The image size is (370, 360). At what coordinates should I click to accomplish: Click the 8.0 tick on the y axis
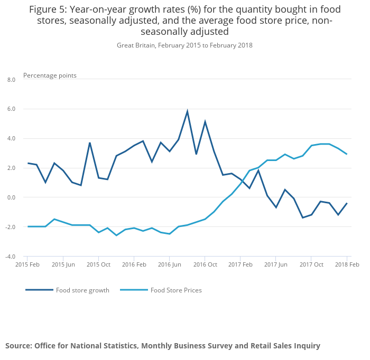pyautogui.click(x=11, y=80)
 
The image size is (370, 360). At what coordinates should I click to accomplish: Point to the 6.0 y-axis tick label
pyautogui.click(x=11, y=109)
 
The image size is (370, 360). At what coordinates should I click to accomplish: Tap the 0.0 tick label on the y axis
pyautogui.click(x=11, y=197)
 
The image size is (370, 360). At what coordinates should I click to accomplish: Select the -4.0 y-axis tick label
pyautogui.click(x=11, y=257)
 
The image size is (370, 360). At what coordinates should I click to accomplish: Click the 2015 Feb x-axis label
pyautogui.click(x=27, y=264)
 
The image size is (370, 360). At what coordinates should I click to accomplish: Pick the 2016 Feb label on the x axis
pyautogui.click(x=134, y=264)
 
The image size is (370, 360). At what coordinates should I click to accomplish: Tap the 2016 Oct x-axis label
pyautogui.click(x=205, y=264)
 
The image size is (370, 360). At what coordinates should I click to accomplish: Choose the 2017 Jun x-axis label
pyautogui.click(x=275, y=264)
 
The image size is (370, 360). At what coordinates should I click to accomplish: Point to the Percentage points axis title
pyautogui.click(x=50, y=75)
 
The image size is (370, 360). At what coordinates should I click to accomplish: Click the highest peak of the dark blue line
pyautogui.click(x=187, y=111)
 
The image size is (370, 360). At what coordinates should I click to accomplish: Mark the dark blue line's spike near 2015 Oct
pyautogui.click(x=90, y=143)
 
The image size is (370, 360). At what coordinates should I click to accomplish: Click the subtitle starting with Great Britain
pyautogui.click(x=184, y=45)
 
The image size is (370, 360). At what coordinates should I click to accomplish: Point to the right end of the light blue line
pyautogui.click(x=346, y=154)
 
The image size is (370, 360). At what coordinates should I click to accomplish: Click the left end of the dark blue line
pyautogui.click(x=28, y=163)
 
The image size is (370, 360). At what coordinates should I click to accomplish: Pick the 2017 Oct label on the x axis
pyautogui.click(x=311, y=264)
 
